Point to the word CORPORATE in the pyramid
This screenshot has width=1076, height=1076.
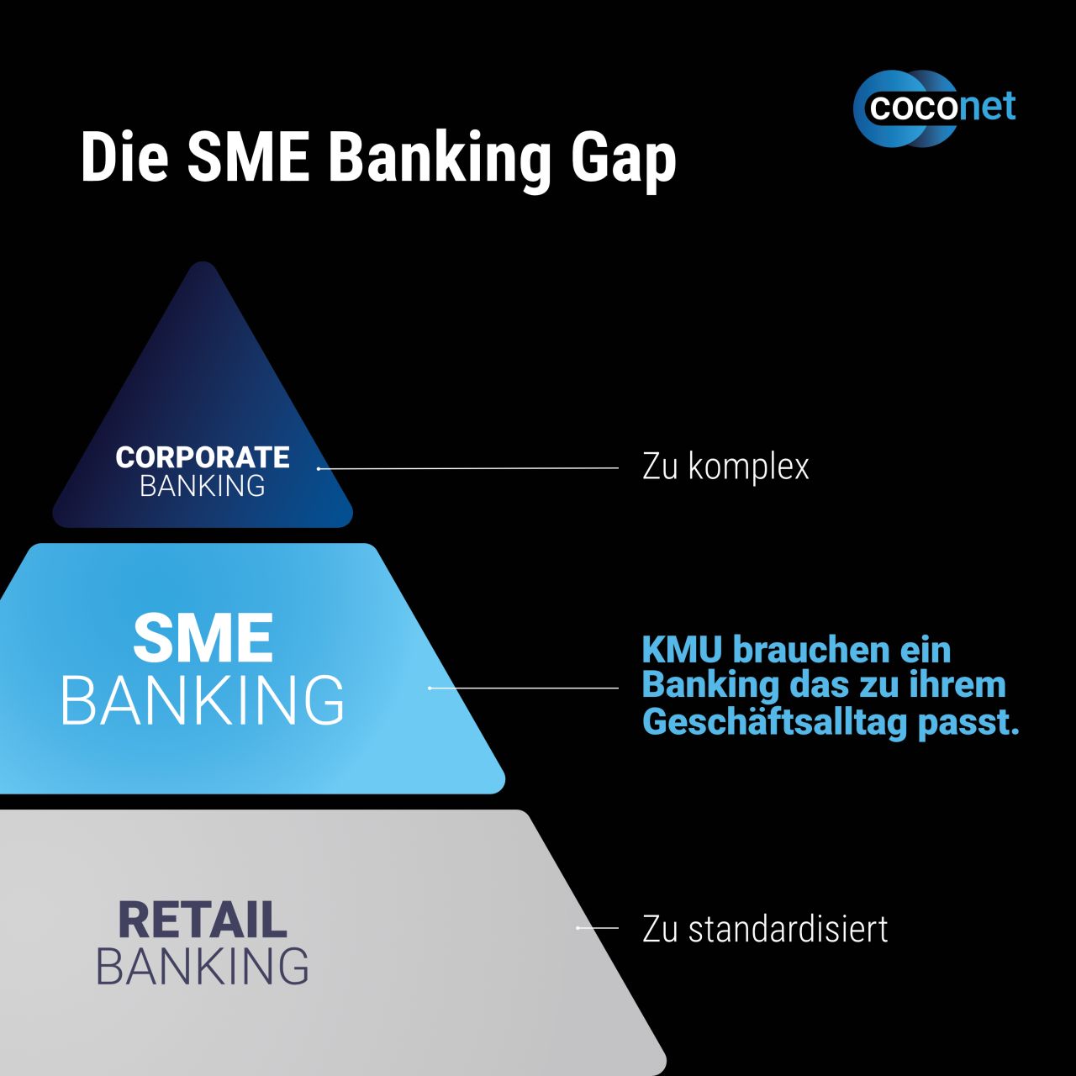(203, 458)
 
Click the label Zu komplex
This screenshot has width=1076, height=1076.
(725, 467)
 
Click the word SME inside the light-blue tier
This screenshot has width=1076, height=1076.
(203, 637)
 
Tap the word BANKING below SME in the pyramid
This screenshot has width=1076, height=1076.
(202, 699)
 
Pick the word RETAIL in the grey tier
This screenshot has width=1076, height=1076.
(203, 920)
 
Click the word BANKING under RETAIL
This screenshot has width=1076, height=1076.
(202, 967)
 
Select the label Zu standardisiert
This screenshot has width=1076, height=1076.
(765, 929)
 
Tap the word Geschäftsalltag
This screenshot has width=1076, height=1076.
(774, 723)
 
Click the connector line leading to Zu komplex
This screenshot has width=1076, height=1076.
(468, 468)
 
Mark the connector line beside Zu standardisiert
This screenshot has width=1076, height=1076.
(598, 928)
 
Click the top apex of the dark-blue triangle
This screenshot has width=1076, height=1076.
(203, 261)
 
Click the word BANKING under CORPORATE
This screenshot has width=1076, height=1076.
(203, 486)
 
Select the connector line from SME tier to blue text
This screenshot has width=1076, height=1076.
(523, 688)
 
